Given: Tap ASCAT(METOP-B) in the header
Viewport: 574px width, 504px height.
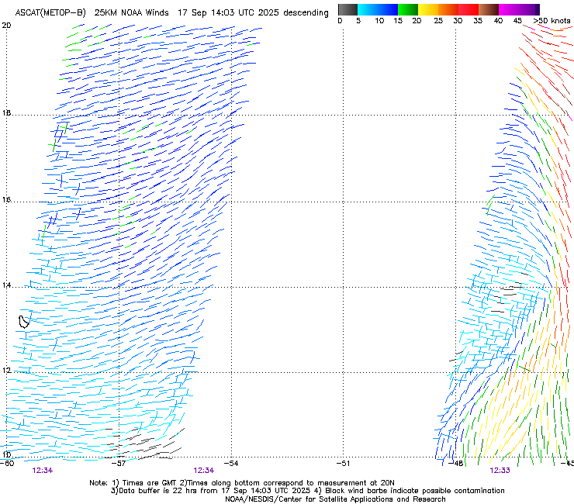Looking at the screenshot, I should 50,13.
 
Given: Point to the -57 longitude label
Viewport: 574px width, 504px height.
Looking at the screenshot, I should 119,463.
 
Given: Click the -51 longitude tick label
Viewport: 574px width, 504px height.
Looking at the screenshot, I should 344,463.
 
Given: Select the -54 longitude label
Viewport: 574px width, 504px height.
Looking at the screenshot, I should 231,463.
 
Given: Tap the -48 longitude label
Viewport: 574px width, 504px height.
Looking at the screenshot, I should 456,463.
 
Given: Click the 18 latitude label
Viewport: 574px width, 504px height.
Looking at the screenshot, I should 6,113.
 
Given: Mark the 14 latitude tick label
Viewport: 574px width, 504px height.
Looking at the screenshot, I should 6,286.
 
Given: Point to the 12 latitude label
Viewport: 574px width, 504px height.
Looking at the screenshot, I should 6,371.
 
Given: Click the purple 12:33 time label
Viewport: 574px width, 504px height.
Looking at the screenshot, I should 499,471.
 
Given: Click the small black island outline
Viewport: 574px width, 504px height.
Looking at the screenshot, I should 25,320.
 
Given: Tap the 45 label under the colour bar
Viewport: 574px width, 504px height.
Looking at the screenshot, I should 517,21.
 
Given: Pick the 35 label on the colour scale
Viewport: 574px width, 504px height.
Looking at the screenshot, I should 477,21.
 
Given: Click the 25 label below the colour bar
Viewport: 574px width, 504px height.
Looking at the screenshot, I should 437,21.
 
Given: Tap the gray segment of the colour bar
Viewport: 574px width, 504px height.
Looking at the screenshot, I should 348,9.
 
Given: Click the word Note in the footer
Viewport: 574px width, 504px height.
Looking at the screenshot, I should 99,482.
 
